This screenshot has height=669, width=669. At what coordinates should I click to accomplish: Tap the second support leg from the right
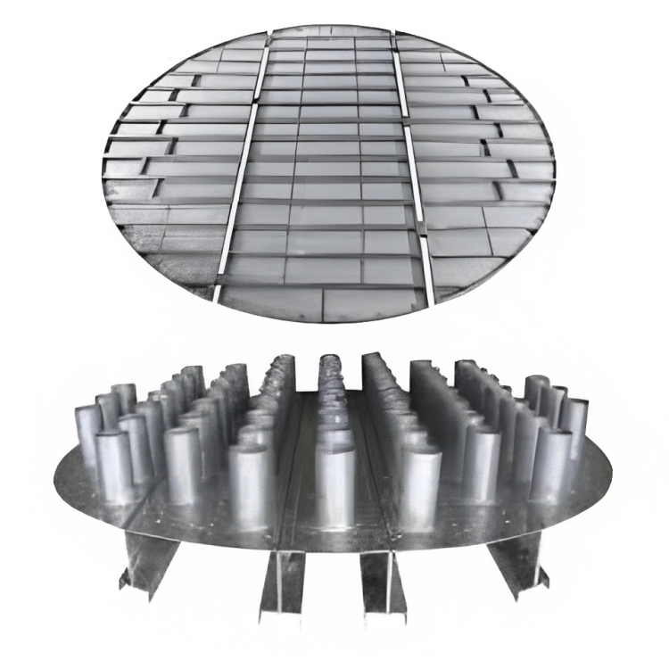[x=379, y=580]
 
